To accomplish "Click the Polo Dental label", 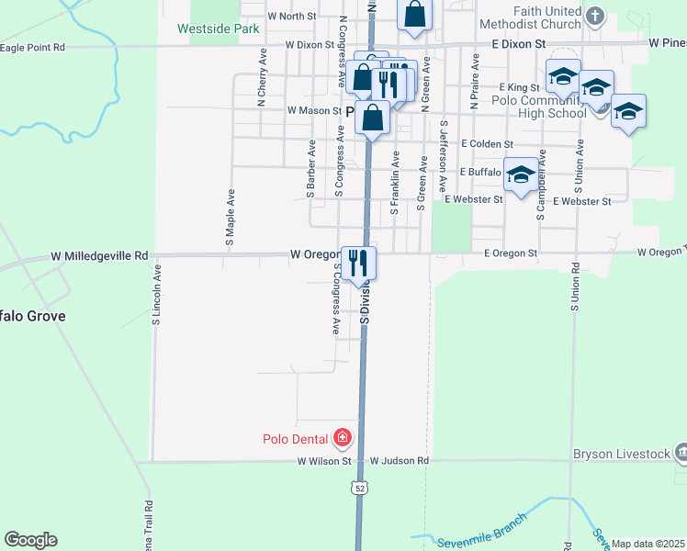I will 295,438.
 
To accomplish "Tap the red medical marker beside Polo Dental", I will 343,437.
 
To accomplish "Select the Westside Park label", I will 218,28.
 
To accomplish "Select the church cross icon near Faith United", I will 595,16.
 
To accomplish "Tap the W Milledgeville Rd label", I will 99,255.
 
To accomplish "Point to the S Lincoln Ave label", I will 157,295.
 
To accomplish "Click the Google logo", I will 30,540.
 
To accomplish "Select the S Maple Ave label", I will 231,216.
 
